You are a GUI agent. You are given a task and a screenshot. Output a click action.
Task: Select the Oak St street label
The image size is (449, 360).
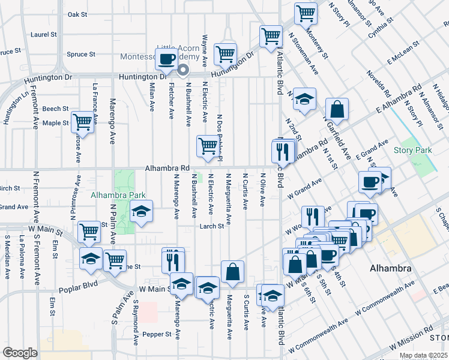click(77, 14)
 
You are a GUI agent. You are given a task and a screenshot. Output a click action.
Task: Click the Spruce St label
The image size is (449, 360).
click(82, 55)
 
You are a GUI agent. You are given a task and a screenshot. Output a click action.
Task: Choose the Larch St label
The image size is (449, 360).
click(212, 227)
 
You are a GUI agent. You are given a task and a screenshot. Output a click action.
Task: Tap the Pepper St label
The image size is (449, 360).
click(156, 334)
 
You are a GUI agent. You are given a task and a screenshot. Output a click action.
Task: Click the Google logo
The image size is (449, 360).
click(20, 353)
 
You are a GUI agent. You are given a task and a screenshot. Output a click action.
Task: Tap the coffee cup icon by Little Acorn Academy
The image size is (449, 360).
click(167, 59)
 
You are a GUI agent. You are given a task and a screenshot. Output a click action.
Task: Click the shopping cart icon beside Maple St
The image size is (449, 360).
click(82, 122)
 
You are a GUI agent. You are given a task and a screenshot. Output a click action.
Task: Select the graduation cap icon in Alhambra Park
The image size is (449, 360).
click(142, 212)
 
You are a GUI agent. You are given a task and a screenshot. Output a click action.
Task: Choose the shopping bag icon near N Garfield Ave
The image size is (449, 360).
click(338, 109)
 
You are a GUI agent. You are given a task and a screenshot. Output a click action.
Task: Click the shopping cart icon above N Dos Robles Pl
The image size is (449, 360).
click(208, 146)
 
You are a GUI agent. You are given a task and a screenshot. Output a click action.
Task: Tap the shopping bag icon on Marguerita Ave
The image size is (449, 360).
click(232, 271)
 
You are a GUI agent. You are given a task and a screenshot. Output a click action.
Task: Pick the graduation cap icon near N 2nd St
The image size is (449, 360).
click(304, 99)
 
